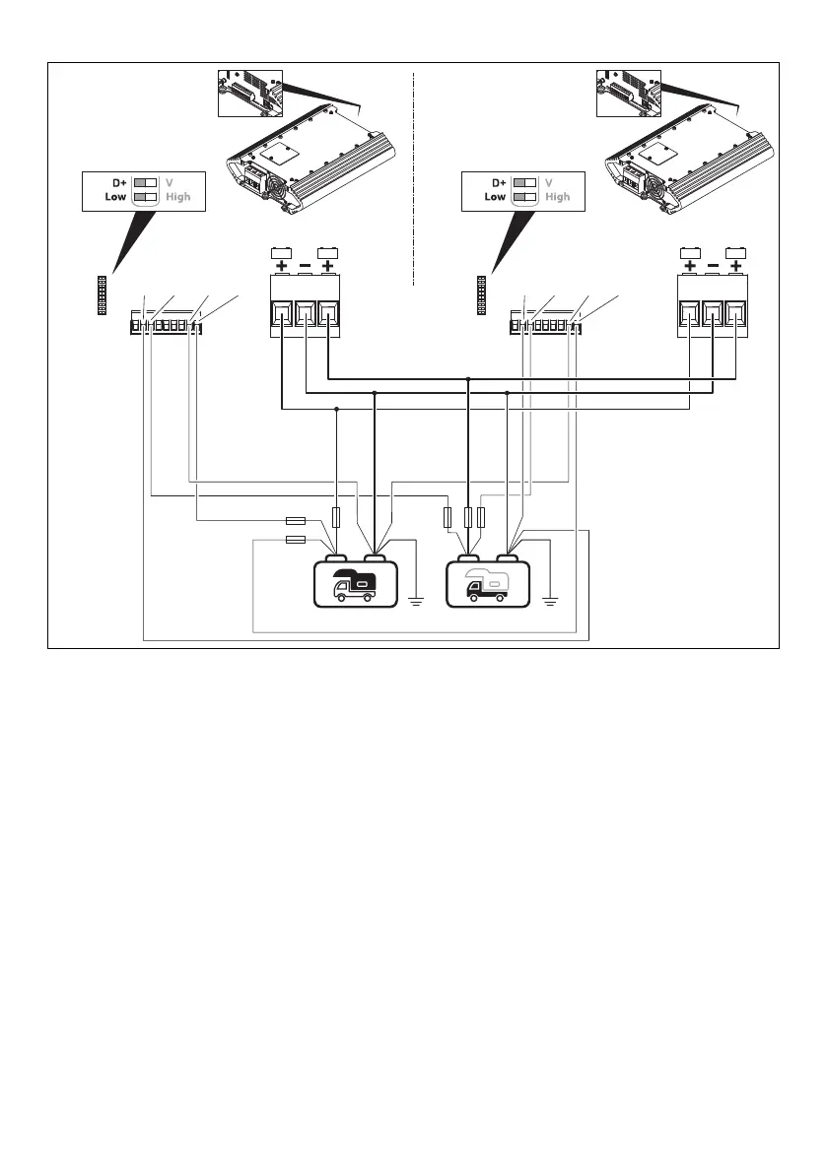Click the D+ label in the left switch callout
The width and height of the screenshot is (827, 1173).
(x=118, y=183)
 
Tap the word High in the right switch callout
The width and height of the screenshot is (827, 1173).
(x=557, y=197)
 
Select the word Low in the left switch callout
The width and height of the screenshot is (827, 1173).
(x=115, y=197)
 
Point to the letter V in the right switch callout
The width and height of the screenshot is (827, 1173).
(x=549, y=183)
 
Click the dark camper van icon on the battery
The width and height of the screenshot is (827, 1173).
(x=356, y=584)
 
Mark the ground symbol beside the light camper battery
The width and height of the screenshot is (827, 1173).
(x=551, y=600)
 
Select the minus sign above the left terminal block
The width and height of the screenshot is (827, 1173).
(x=305, y=267)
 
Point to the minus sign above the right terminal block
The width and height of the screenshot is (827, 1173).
(x=712, y=267)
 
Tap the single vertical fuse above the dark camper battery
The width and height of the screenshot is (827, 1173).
(x=337, y=517)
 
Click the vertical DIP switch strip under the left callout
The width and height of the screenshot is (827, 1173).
(x=102, y=294)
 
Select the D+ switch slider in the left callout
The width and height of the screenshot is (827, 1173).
(x=146, y=183)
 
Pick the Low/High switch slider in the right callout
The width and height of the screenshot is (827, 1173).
(x=525, y=197)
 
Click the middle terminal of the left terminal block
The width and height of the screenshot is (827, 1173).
(x=305, y=314)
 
